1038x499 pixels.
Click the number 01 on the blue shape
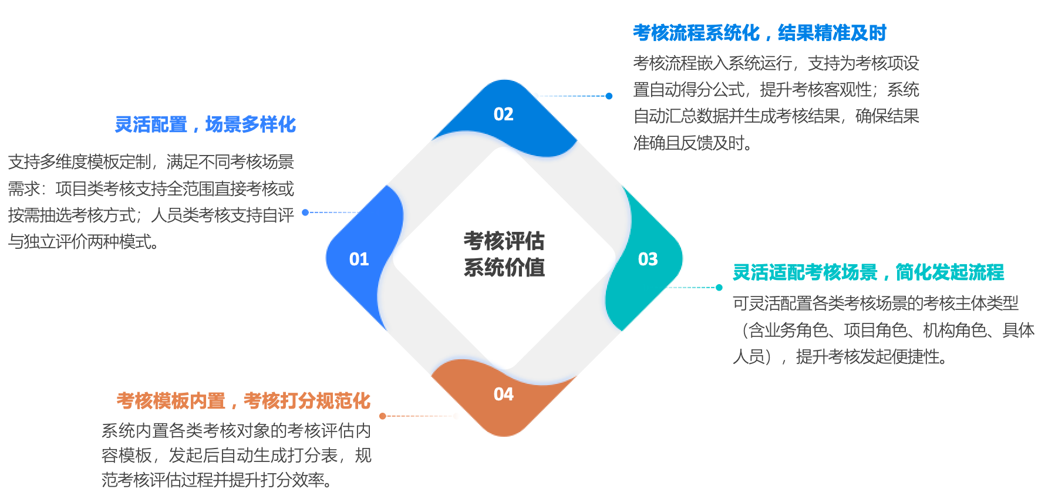pos(359,259)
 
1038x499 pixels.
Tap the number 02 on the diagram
pos(504,114)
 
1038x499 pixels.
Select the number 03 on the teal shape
pos(648,259)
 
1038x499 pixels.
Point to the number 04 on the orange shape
pos(504,394)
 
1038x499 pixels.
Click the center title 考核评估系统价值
pos(504,254)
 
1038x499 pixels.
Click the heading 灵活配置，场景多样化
pos(205,124)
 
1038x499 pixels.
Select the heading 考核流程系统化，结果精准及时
pos(759,33)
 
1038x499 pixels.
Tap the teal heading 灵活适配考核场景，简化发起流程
pos(868,272)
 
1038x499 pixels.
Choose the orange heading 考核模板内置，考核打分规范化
pos(243,401)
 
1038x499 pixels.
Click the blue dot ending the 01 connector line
pos(305,213)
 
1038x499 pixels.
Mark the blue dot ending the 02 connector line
pos(609,96)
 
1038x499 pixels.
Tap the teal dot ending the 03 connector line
pos(719,288)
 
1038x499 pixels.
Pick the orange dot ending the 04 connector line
pos(383,416)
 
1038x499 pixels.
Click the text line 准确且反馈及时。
pos(693,143)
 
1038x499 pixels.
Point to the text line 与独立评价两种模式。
pos(83,241)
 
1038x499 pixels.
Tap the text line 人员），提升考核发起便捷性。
pos(840,356)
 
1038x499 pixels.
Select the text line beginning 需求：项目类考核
pos(151,188)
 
